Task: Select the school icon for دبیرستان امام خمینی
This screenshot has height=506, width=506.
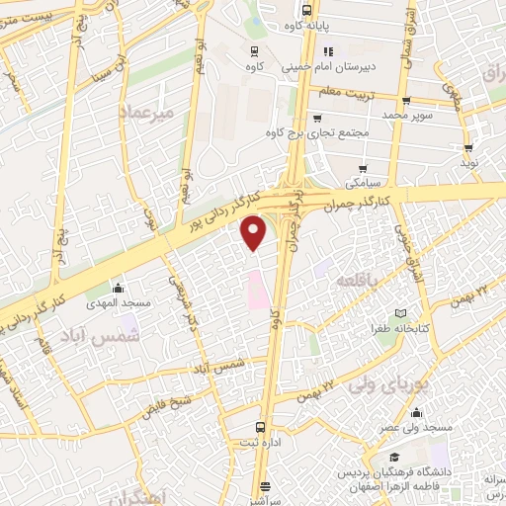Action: click(329, 51)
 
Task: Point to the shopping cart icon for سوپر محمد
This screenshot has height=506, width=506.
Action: click(406, 100)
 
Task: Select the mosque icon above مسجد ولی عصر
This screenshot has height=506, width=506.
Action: click(416, 413)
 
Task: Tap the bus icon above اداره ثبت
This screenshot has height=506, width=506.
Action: click(260, 427)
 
